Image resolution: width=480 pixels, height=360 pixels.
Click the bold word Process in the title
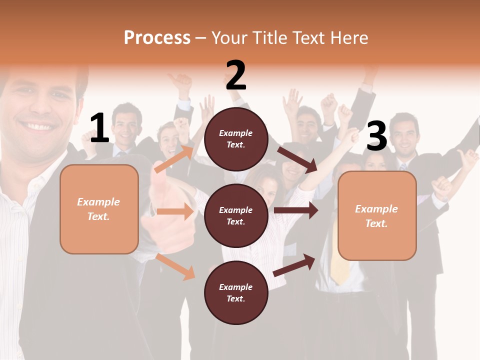point(157,37)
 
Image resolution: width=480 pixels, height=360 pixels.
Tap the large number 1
point(99,128)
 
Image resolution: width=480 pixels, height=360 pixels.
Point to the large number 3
point(376,136)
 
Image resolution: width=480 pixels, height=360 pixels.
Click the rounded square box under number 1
point(99,209)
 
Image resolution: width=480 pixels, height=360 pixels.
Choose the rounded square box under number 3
point(377,216)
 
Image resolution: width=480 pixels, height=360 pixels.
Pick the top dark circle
point(236,139)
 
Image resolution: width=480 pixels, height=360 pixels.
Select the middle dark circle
point(236,215)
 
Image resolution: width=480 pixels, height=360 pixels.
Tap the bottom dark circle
point(236,292)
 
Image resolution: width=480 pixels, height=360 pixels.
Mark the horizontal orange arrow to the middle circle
point(175,212)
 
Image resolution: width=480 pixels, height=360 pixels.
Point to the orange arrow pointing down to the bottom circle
point(175,266)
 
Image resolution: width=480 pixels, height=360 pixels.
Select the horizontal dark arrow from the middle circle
point(296,210)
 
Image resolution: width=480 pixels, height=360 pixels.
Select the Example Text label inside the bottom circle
point(236,292)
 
